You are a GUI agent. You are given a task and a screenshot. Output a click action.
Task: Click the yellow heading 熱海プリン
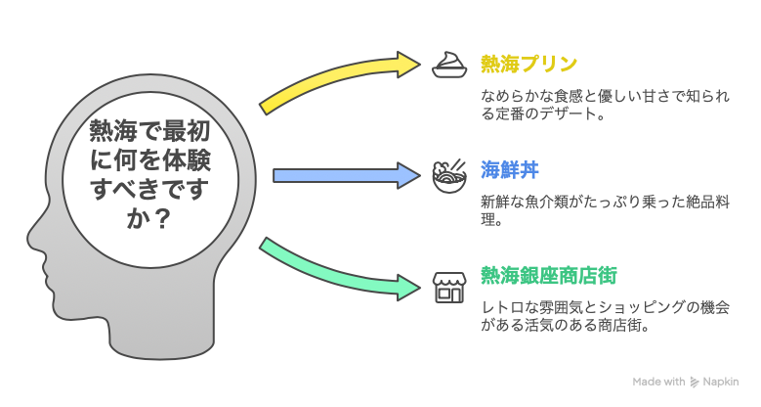pyautogui.click(x=528, y=65)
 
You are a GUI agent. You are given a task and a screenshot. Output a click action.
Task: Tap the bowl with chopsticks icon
pyautogui.click(x=449, y=174)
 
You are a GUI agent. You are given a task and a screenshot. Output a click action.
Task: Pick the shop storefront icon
pyautogui.click(x=449, y=284)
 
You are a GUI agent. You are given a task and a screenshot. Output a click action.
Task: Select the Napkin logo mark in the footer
pyautogui.click(x=695, y=383)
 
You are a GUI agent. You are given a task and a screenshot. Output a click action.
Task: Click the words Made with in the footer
pyautogui.click(x=658, y=383)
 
